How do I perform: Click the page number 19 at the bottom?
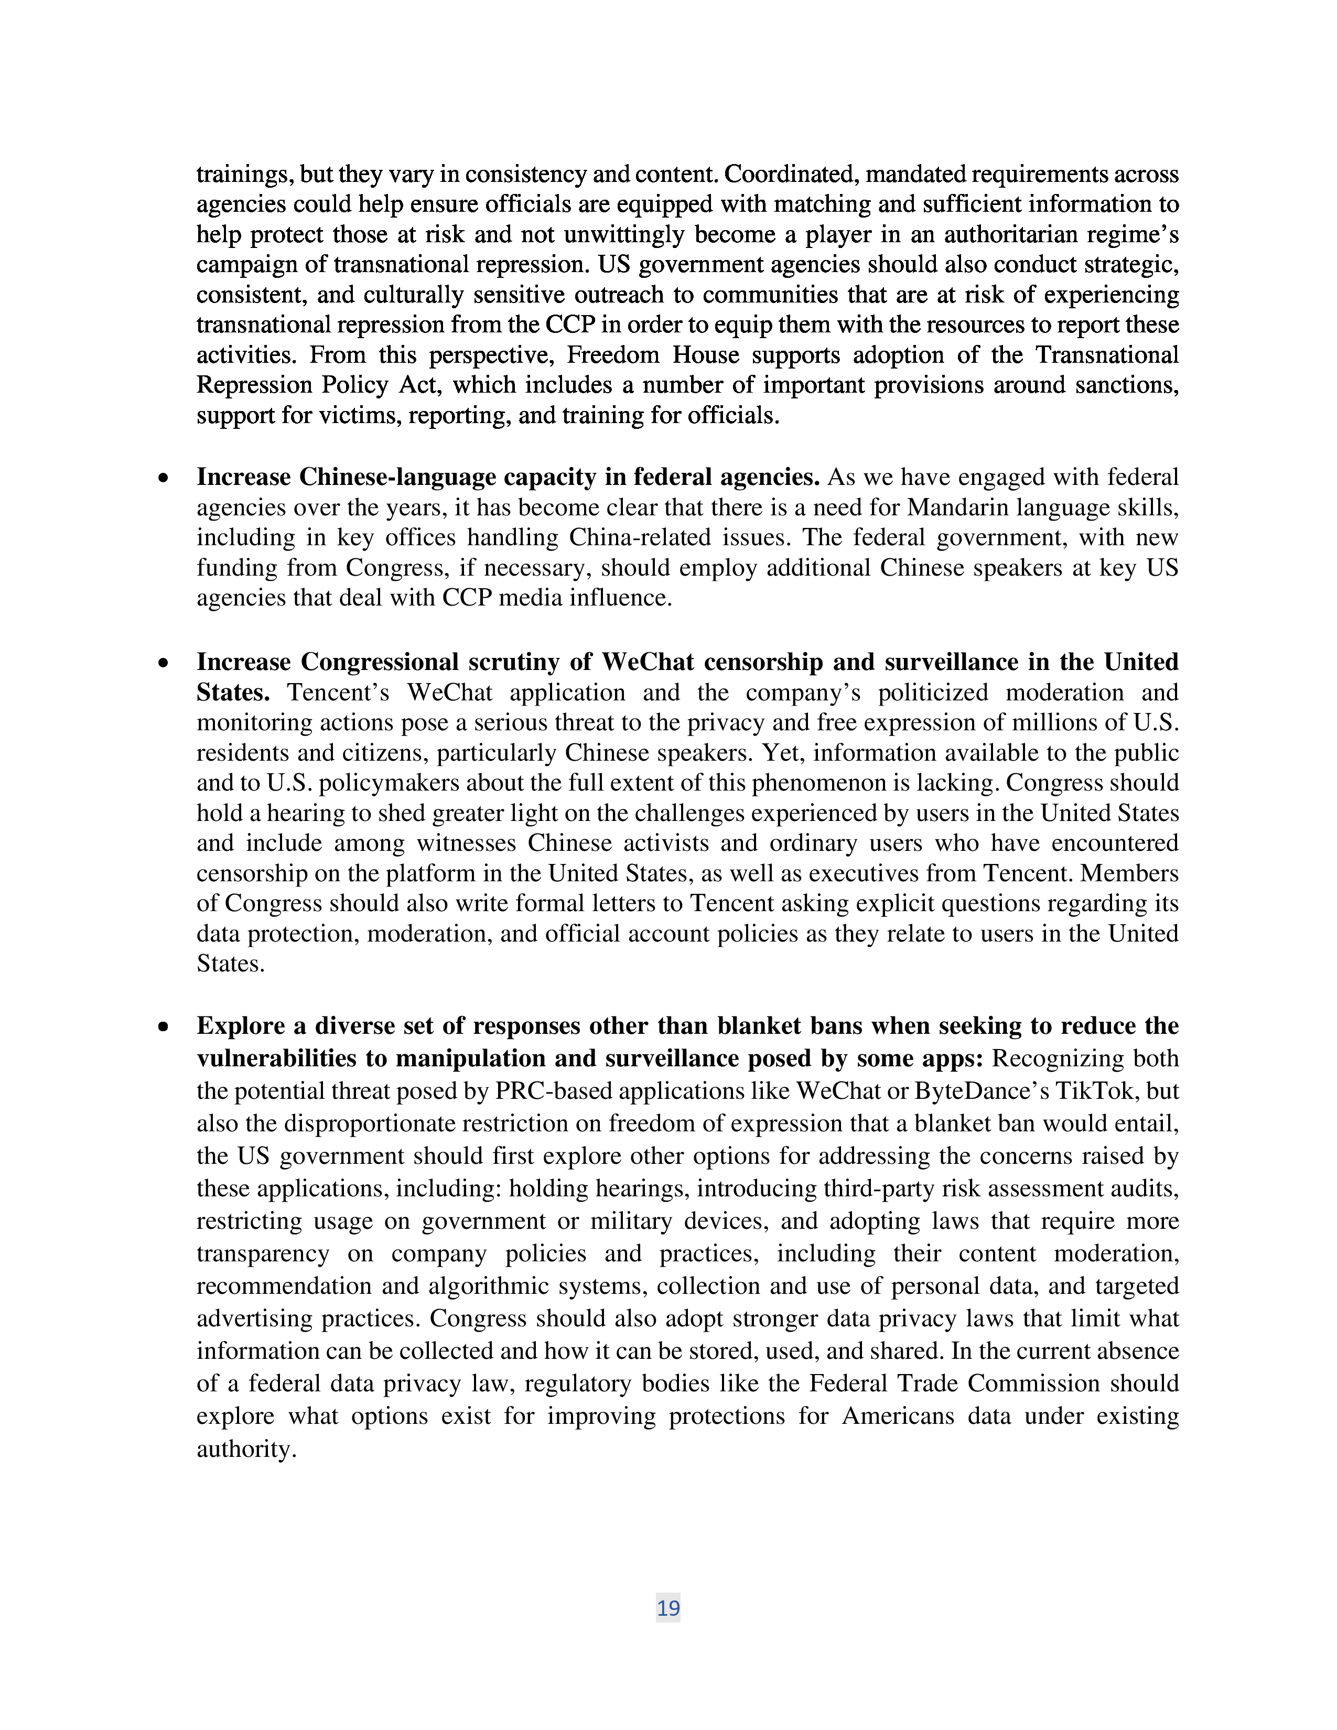667,1607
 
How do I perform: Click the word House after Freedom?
707,355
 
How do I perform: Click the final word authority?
245,1449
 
